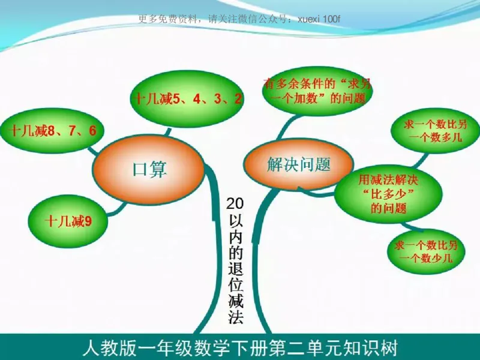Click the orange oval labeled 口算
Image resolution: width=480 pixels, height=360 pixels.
click(x=149, y=169)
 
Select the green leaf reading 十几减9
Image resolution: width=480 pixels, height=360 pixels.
click(x=68, y=221)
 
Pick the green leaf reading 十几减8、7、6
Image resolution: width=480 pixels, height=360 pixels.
click(x=52, y=130)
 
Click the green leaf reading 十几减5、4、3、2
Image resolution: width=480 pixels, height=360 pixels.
click(x=187, y=99)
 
